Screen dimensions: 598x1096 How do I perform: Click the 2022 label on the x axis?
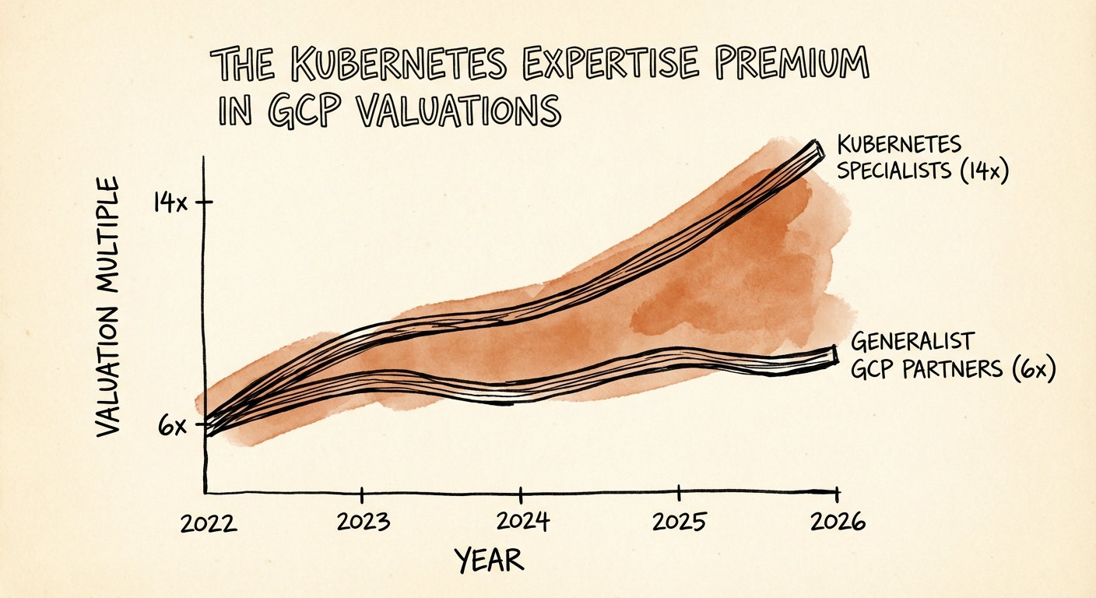(x=208, y=522)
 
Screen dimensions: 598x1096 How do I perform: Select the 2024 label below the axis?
(x=522, y=521)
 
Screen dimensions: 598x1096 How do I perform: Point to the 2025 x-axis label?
(x=680, y=520)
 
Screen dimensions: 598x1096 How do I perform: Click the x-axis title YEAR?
(x=489, y=558)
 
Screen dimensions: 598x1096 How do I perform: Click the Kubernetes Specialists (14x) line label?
(x=922, y=158)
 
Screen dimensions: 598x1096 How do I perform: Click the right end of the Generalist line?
(x=834, y=356)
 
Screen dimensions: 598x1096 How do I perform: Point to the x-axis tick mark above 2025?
(x=680, y=493)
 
